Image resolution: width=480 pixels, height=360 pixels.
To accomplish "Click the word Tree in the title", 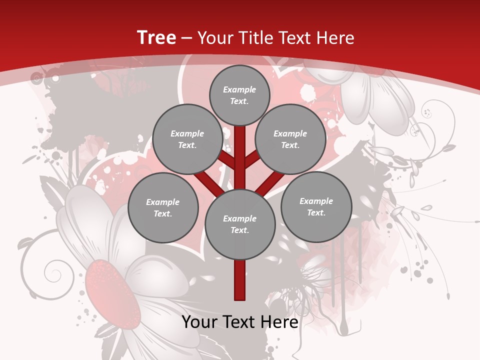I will pyautogui.click(x=156, y=38).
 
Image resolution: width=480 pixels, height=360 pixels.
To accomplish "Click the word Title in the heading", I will pyautogui.click(x=255, y=38).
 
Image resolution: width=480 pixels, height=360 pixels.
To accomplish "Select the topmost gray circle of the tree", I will pyautogui.click(x=239, y=95).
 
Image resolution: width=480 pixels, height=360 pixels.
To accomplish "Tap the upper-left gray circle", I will pyautogui.click(x=187, y=139).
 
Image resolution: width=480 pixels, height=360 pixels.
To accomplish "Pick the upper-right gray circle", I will pyautogui.click(x=290, y=139).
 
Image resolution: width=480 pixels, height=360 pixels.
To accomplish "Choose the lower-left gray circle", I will pyautogui.click(x=163, y=207).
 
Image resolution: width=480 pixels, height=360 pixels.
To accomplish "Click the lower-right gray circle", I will pyautogui.click(x=316, y=206).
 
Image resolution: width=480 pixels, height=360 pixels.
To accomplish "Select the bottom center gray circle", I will pyautogui.click(x=240, y=224).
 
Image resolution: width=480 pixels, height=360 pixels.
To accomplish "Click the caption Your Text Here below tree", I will pyautogui.click(x=240, y=322).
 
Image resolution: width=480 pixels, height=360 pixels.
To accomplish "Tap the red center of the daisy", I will pyautogui.click(x=112, y=295).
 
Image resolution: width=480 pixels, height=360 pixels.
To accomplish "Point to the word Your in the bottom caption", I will pyautogui.click(x=199, y=322).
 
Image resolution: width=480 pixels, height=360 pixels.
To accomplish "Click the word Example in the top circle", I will pyautogui.click(x=239, y=89).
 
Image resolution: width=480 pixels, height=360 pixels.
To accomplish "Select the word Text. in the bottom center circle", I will pyautogui.click(x=240, y=230).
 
